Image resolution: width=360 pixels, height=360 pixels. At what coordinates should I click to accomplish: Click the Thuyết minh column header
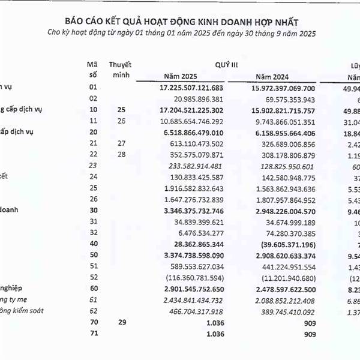(121, 68)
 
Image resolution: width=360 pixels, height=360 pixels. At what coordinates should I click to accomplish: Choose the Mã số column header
(92, 68)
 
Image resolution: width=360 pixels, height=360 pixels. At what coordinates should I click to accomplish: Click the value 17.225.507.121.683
(191, 88)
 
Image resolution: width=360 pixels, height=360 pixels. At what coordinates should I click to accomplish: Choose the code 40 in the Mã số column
(92, 244)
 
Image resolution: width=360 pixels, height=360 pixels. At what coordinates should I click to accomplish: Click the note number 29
(121, 323)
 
